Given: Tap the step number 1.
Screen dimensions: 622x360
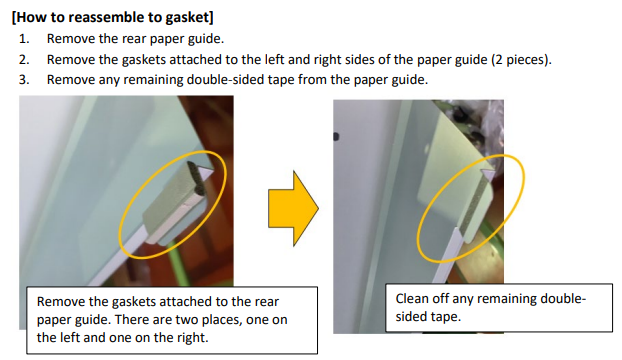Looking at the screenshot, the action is click(x=24, y=39).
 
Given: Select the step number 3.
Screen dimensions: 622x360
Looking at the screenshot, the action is click(x=24, y=80).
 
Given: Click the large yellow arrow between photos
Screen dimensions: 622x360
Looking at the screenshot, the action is click(x=293, y=209).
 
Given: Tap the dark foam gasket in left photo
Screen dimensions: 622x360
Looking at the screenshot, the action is click(x=197, y=178).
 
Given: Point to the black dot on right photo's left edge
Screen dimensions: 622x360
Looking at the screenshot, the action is click(x=336, y=137).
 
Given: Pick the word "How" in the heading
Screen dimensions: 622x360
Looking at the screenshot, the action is click(x=31, y=18).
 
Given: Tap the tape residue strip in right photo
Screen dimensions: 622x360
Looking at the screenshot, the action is click(x=475, y=205).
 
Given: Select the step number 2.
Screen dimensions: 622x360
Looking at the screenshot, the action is click(x=24, y=59).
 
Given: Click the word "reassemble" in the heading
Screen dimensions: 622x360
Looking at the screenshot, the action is click(x=113, y=18).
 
